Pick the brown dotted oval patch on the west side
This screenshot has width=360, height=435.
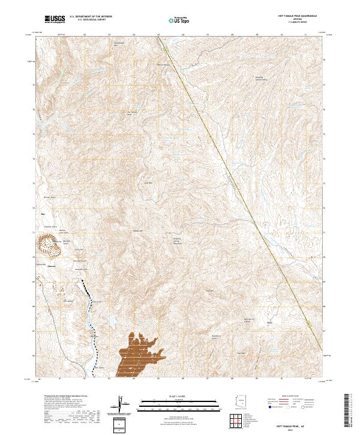pos(48,244)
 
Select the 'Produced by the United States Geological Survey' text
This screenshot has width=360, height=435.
pos(59,397)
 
